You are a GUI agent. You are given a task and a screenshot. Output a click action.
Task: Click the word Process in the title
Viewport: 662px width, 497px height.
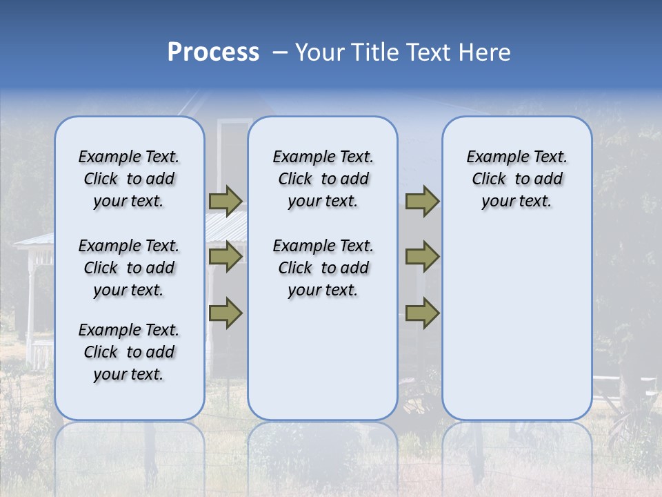[213, 52]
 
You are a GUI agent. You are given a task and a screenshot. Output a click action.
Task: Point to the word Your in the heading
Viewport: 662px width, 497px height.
[321, 52]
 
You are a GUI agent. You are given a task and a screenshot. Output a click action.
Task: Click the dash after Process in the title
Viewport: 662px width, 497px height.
[279, 53]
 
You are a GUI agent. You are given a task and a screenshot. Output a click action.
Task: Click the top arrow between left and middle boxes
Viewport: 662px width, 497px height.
[225, 201]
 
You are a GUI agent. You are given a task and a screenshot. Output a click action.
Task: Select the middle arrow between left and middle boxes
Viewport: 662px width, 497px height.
[225, 257]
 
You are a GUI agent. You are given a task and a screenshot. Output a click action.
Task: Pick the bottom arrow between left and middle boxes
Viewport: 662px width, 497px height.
[225, 313]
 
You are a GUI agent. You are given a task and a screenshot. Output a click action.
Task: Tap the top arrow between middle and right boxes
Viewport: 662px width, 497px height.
[422, 201]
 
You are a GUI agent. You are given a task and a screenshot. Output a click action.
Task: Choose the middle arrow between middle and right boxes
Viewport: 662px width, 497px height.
[422, 257]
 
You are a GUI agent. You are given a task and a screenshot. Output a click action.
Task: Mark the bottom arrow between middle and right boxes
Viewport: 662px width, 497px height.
[422, 313]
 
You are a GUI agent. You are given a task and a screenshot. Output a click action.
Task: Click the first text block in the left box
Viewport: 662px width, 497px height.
[129, 179]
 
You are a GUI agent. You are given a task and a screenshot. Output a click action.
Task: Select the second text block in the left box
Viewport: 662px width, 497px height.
[129, 268]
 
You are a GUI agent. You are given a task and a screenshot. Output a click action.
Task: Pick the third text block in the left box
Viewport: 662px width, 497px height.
[129, 352]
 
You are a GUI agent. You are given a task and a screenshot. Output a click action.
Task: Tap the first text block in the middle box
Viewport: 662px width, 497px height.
[323, 179]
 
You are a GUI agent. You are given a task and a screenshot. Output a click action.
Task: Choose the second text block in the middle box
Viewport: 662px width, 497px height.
[323, 268]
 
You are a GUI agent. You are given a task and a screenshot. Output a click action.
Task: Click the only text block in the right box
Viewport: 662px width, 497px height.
[516, 179]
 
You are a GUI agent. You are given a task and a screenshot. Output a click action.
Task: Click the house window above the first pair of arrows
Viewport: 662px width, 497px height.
[233, 152]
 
